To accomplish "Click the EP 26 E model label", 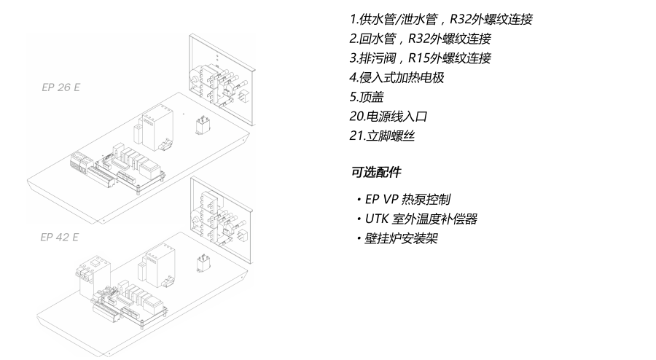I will pos(60,86).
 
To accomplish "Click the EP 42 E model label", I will pos(59,237).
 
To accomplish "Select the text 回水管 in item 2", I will pos(378,39).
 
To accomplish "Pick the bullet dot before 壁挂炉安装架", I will pos(359,238).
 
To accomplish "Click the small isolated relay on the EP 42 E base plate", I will pos(203,262).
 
